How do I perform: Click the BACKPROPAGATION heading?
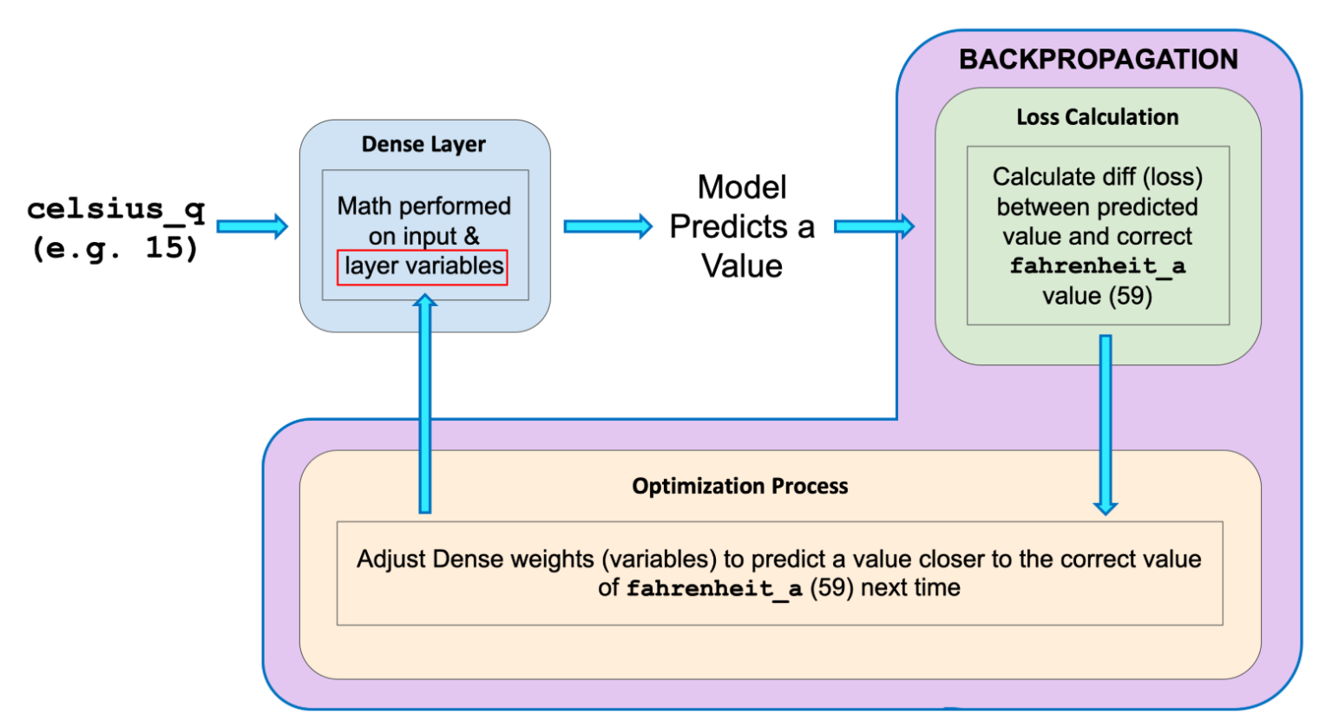pyautogui.click(x=1098, y=59)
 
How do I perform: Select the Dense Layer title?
pyautogui.click(x=423, y=144)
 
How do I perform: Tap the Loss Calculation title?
pyautogui.click(x=1097, y=117)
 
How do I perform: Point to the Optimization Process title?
pyautogui.click(x=739, y=486)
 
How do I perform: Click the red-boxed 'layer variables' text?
pyautogui.click(x=423, y=266)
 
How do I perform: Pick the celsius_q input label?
pyautogui.click(x=115, y=209)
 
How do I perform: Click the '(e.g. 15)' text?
pyautogui.click(x=115, y=248)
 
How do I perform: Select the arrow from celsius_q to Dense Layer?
pyautogui.click(x=252, y=226)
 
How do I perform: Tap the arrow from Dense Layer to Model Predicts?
pyautogui.click(x=607, y=226)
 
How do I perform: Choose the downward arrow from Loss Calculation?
pyautogui.click(x=1106, y=425)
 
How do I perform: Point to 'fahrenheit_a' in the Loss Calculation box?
pyautogui.click(x=1097, y=266)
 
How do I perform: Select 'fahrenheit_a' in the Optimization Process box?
pyautogui.click(x=713, y=589)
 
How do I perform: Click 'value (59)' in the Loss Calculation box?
pyautogui.click(x=1097, y=296)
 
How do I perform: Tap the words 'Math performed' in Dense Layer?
pyautogui.click(x=423, y=206)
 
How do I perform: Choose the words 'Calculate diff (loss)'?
pyautogui.click(x=1097, y=177)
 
